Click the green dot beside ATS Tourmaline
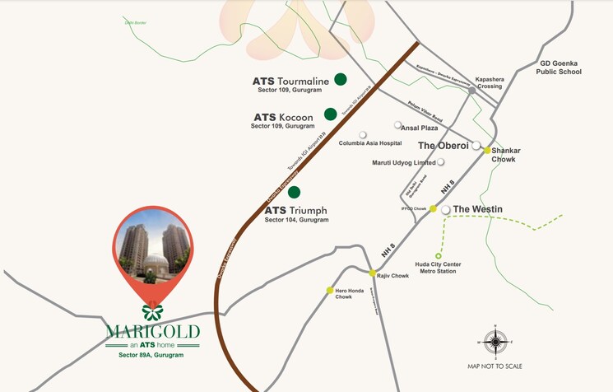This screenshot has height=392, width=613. (340, 79)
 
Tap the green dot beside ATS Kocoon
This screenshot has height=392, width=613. (330, 114)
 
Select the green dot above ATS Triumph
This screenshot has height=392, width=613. (294, 192)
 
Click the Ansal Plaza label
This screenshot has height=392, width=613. (420, 126)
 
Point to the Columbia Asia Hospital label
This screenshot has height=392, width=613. (370, 142)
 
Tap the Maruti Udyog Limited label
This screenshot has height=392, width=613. (402, 162)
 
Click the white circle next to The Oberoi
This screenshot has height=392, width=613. (476, 145)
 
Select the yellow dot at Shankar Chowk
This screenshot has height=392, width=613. (487, 151)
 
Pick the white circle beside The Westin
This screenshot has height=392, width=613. (446, 210)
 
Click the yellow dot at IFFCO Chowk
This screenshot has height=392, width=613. (433, 209)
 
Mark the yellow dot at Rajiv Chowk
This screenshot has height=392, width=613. (372, 273)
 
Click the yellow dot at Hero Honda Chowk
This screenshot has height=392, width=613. (329, 290)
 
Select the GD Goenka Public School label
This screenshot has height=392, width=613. (561, 67)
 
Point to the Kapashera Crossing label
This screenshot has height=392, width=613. (484, 83)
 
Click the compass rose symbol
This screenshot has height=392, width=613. (495, 340)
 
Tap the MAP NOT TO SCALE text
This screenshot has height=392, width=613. (495, 366)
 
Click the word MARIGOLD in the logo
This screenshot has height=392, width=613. (153, 332)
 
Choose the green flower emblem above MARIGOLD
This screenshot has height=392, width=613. (152, 311)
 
